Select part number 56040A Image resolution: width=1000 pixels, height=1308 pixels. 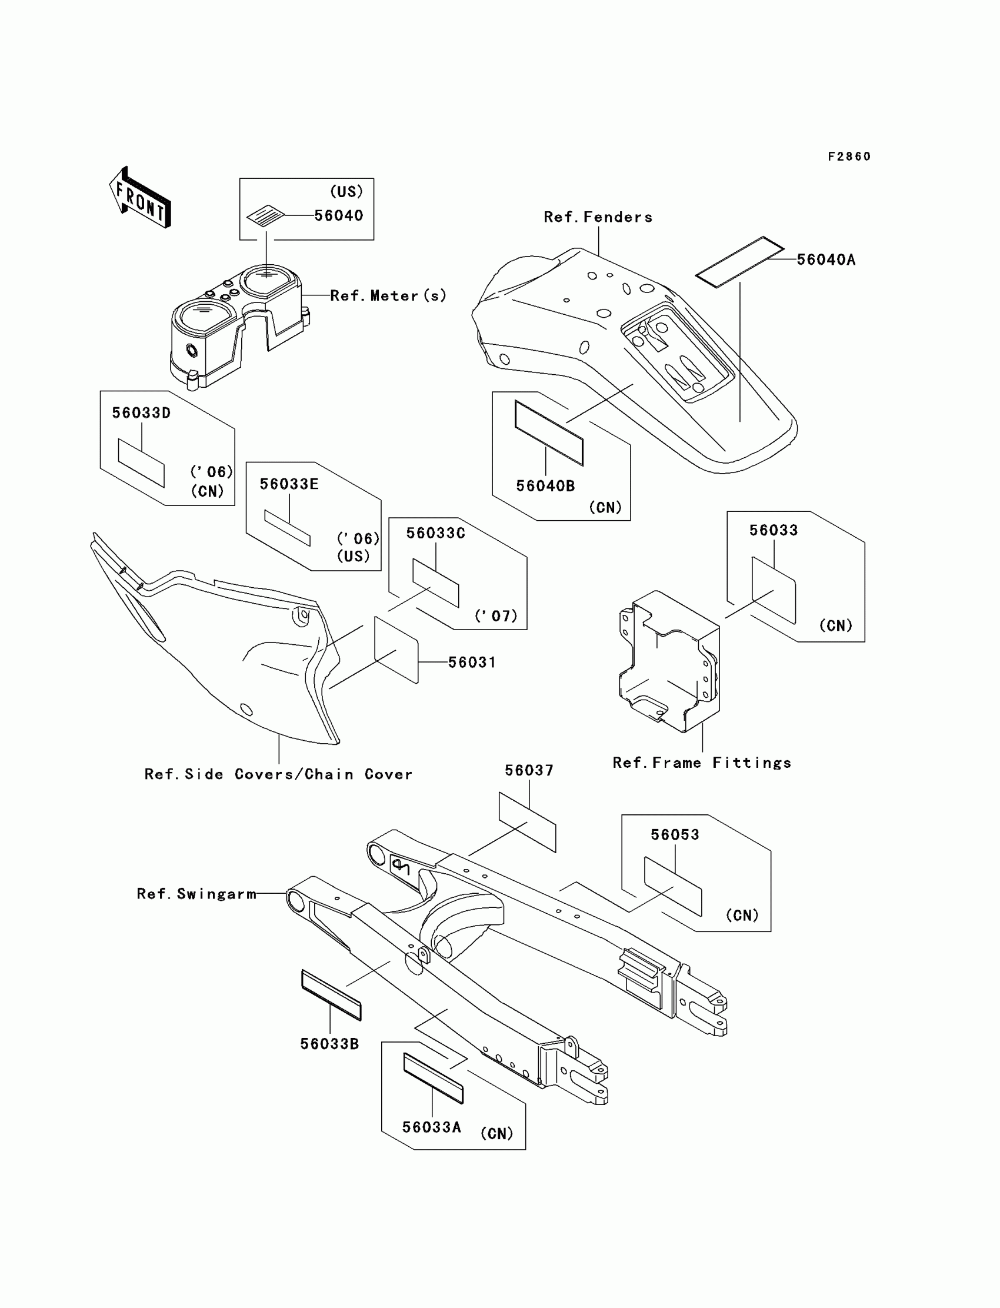coord(826,259)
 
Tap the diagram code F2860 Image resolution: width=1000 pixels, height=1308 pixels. coord(849,157)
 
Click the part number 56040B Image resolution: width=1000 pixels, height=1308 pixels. coord(545,486)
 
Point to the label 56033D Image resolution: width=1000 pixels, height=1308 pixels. coord(141,412)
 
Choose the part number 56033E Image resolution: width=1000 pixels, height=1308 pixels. coord(289,484)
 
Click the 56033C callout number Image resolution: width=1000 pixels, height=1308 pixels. coord(435,533)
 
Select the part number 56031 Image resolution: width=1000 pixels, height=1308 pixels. coord(471,662)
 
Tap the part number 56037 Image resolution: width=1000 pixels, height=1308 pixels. coord(529,770)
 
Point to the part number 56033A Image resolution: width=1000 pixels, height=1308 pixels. coord(432,1127)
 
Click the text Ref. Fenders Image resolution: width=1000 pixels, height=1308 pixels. coord(598,217)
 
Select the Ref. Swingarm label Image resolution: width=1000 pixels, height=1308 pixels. coord(196,894)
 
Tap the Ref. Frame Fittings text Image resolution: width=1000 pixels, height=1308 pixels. coord(702,763)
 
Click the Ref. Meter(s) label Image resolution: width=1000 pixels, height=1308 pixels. coord(388,295)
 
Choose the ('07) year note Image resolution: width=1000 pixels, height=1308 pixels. coord(496,615)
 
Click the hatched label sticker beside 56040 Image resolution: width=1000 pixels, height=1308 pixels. coord(265,215)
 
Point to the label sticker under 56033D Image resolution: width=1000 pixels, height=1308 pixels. coord(141,463)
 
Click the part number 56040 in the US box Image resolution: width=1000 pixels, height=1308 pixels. coord(338,215)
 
